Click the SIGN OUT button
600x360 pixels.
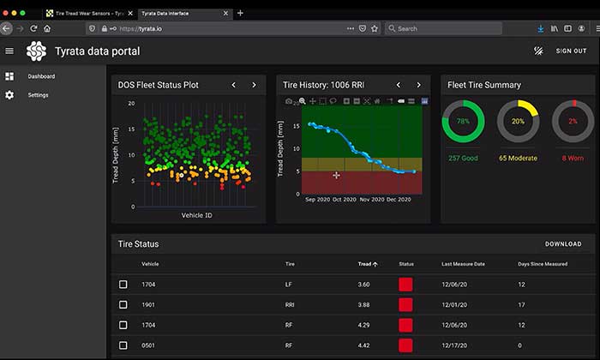(x=571, y=51)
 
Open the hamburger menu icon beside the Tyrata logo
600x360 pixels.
(x=9, y=51)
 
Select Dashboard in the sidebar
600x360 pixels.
(x=41, y=76)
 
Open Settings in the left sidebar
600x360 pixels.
(x=38, y=94)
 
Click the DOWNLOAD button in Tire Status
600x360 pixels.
(x=563, y=244)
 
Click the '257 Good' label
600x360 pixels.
(x=463, y=158)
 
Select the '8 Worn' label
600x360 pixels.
(x=573, y=158)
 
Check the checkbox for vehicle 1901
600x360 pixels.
(x=123, y=304)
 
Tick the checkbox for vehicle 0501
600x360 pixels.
(x=123, y=345)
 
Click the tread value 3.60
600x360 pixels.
(x=364, y=284)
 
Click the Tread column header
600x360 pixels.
(x=365, y=264)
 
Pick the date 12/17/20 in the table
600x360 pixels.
(x=455, y=345)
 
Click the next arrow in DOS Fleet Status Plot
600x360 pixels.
(x=254, y=85)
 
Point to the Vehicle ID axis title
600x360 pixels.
(x=196, y=215)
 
